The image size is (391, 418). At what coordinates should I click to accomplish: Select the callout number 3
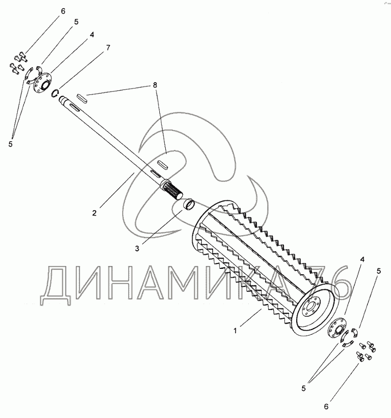coord(138,248)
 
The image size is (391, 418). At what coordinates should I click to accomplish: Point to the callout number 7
coord(108,47)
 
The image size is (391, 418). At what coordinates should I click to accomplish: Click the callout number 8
coord(155,85)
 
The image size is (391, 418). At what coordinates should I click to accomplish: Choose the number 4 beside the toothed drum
coord(362,259)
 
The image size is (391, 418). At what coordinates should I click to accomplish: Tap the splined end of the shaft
coord(174,191)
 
